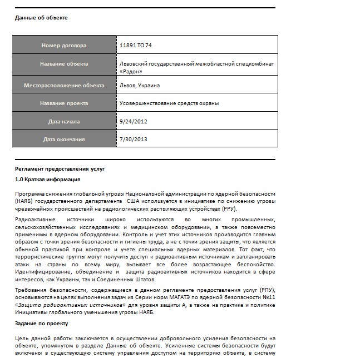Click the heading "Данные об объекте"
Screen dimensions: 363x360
coord(41,17)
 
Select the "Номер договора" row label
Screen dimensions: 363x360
coord(64,45)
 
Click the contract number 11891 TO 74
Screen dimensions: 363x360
coord(136,45)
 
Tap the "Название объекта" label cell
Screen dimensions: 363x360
coord(64,64)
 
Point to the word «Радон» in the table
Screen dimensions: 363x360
coord(131,71)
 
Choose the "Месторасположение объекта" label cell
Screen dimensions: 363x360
coord(64,86)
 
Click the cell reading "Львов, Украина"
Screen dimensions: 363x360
coord(140,86)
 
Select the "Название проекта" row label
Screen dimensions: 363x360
coord(64,103)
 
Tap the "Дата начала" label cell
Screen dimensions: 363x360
coord(64,121)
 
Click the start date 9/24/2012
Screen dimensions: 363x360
coord(133,121)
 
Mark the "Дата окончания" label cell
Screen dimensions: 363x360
coord(64,139)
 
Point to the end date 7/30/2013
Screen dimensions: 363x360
coord(133,139)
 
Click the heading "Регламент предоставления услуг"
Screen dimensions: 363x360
coord(60,168)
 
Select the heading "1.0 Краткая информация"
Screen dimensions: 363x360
coord(48,179)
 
